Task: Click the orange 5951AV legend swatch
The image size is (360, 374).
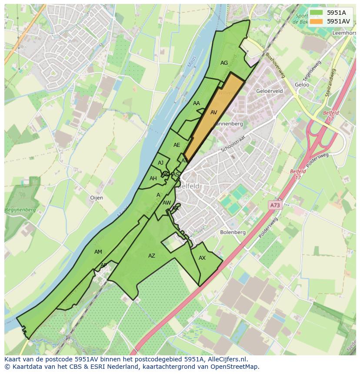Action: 317,21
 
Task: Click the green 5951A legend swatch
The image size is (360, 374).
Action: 317,13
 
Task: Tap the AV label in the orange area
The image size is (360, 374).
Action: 213,113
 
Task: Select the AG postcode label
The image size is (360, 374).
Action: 224,63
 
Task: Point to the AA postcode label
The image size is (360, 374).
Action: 197,103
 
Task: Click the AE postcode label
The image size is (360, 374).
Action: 177,145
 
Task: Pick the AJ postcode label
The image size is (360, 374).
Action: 161,163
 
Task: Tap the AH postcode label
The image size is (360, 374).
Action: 153,179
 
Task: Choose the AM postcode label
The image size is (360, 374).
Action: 98,252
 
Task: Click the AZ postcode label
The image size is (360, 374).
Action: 151,256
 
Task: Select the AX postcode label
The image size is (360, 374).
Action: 202,258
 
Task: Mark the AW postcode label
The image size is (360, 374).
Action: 167,203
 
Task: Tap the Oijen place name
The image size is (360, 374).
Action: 97,198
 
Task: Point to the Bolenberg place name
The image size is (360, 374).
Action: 233,232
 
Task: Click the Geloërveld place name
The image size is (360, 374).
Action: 270,91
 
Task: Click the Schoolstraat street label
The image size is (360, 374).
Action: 233,143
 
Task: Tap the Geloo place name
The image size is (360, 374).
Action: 302,85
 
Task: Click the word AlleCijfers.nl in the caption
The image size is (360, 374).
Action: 227,359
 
